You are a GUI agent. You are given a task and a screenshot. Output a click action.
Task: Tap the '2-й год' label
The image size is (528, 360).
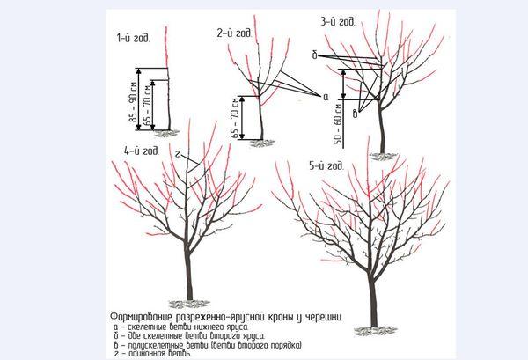point(235,33)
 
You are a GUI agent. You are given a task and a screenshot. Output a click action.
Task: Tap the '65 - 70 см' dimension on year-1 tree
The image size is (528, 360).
point(150,107)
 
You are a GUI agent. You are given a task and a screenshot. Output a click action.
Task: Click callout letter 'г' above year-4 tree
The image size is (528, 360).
point(179,153)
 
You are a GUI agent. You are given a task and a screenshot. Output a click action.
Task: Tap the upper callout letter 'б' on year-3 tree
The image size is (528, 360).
point(314,55)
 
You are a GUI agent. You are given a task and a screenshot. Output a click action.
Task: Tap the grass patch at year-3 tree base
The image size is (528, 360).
point(382,156)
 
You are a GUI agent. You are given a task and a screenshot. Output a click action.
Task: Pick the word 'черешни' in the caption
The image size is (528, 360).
point(323,315)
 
